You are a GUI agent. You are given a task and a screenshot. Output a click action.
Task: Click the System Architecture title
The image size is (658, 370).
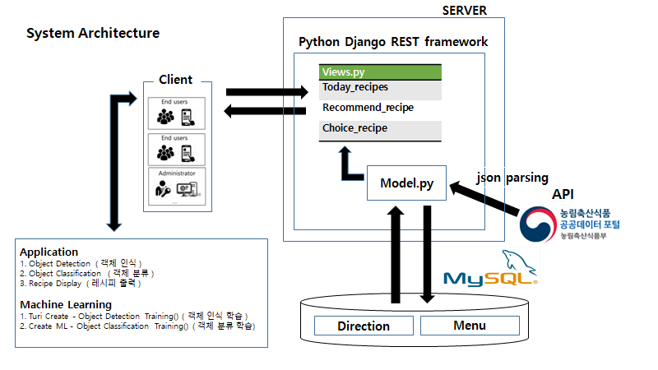[93, 34]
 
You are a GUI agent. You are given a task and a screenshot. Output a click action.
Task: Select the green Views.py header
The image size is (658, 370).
[380, 72]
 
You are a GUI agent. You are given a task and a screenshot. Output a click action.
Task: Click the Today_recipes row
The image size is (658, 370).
[380, 87]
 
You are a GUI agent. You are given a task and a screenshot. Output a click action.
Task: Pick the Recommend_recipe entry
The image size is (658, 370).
[380, 108]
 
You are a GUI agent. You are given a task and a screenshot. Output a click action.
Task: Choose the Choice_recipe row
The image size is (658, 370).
[380, 128]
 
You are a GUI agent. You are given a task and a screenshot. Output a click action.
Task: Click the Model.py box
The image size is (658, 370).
[406, 183]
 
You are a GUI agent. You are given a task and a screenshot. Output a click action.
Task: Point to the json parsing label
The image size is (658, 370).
[512, 178]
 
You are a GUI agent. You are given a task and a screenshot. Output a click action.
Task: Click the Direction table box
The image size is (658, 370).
[364, 326]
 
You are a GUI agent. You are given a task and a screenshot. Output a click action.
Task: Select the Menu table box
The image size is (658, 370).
[469, 326]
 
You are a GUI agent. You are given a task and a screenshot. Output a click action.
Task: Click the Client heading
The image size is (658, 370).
[175, 80]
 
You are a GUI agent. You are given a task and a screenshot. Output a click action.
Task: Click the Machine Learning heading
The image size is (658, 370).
[66, 304]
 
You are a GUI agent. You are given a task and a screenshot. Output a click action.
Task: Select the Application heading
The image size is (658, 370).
[49, 252]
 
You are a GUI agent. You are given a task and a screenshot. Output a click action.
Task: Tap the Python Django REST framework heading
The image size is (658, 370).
[393, 41]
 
